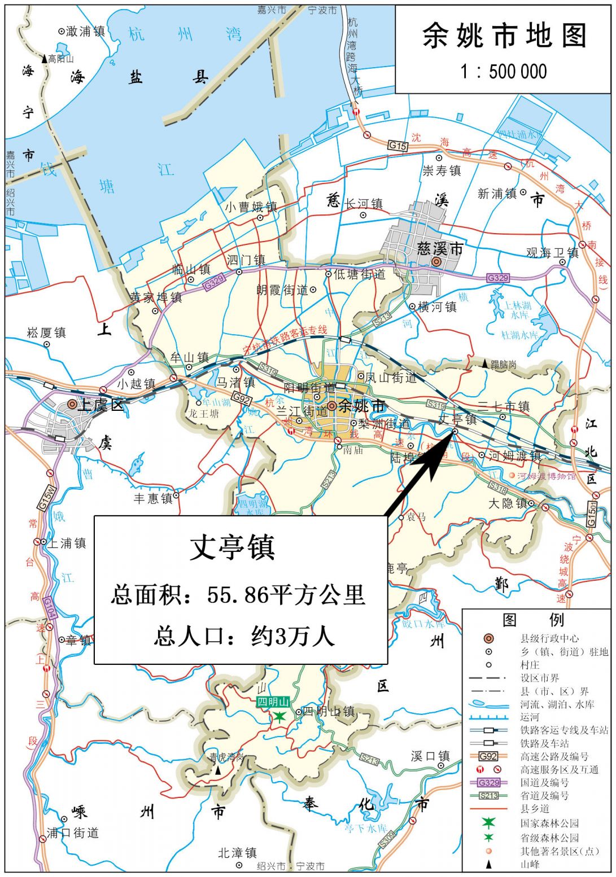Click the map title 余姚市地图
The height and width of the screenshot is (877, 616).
click(x=504, y=37)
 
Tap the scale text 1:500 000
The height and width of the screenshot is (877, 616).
click(x=503, y=72)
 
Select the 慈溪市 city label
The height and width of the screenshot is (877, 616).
click(x=440, y=249)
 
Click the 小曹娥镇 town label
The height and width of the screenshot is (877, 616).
click(x=251, y=207)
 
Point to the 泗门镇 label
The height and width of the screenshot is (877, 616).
click(x=246, y=260)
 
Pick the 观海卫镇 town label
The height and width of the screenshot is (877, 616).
click(x=552, y=253)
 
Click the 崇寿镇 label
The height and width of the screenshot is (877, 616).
click(x=442, y=170)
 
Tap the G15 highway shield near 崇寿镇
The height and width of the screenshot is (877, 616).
click(x=397, y=146)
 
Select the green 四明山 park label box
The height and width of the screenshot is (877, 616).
click(x=273, y=702)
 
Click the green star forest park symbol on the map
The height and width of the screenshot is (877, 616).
click(x=279, y=717)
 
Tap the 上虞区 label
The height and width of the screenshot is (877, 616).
click(x=101, y=405)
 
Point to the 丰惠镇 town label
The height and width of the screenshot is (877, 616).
click(x=152, y=498)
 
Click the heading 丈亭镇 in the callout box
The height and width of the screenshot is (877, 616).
click(x=232, y=547)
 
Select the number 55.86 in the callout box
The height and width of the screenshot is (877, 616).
click(x=237, y=594)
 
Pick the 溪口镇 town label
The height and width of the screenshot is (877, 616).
click(x=430, y=756)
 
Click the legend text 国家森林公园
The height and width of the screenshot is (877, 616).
click(x=549, y=823)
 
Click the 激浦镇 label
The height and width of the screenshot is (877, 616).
click(x=85, y=32)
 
